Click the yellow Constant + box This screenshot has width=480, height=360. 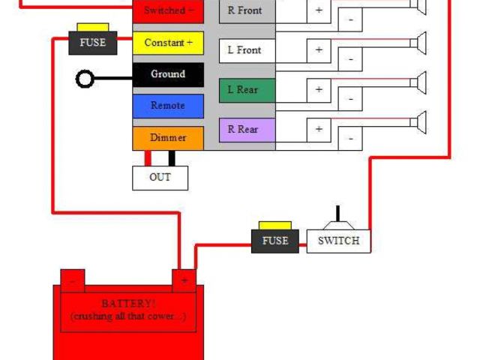(x=168, y=43)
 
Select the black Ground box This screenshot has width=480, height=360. (x=168, y=74)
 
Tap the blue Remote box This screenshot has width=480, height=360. (x=168, y=106)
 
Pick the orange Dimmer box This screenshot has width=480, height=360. (x=168, y=138)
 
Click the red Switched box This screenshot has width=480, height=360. (x=168, y=10)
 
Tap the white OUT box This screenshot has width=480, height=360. (x=160, y=177)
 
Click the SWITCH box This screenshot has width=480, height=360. (x=338, y=241)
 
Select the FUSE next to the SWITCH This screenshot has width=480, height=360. (x=274, y=240)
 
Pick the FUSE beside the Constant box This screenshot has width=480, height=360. (x=92, y=43)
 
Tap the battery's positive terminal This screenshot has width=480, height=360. (x=184, y=280)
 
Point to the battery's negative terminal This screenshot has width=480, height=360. (x=73, y=280)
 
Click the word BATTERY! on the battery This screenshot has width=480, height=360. (x=127, y=304)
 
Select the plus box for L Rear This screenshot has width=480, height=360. (x=319, y=89)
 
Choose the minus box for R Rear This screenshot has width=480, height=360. (x=350, y=138)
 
